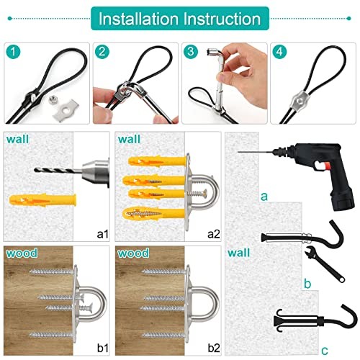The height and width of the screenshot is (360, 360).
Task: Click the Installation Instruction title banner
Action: [x=179, y=17]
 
